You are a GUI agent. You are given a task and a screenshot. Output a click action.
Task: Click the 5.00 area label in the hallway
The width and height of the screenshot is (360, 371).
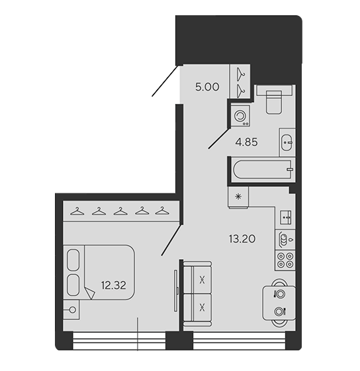[207, 87]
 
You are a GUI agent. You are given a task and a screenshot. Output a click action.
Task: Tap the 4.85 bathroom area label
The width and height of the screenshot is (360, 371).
[247, 142]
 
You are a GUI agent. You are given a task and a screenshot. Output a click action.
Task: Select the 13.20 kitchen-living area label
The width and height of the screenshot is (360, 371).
[242, 238]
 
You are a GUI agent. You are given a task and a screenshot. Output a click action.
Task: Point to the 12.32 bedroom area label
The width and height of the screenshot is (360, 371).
[113, 286]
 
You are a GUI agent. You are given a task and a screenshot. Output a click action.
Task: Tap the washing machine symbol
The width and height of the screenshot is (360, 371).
[240, 116]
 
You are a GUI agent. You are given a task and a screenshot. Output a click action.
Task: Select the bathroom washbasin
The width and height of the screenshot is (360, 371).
[287, 142]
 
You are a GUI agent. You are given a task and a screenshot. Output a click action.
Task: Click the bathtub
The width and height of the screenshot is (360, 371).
[263, 170]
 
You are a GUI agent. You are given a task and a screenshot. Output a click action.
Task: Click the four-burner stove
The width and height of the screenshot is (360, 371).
[285, 260]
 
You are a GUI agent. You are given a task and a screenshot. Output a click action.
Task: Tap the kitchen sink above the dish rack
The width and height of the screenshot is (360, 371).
[287, 217]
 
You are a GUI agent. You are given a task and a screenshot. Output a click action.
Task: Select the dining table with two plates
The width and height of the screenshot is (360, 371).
[279, 303]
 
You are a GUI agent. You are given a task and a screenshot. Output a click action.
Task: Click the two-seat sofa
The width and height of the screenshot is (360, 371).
[198, 294]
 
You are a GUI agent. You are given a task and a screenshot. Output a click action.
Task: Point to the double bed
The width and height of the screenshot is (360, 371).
[99, 272]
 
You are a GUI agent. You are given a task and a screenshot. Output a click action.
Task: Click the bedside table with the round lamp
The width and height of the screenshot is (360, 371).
[71, 310]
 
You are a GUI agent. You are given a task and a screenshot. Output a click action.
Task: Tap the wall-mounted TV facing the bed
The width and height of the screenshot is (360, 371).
[176, 290]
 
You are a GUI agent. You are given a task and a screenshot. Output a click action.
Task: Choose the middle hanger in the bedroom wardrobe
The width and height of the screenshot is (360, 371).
[120, 211]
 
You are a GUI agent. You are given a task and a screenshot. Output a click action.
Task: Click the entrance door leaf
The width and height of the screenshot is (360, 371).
[165, 80]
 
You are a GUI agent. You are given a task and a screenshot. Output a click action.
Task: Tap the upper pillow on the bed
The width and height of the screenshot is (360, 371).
[73, 259]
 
